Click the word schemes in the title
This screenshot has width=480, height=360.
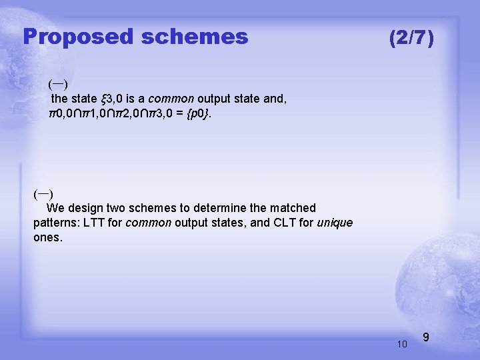(x=194, y=37)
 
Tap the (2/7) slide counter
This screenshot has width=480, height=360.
(x=411, y=38)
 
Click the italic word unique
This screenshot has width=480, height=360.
(x=335, y=223)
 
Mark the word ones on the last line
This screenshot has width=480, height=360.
(x=47, y=237)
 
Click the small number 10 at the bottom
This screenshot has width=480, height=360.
(x=401, y=344)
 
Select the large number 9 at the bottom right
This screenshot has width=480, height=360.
(x=426, y=339)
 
